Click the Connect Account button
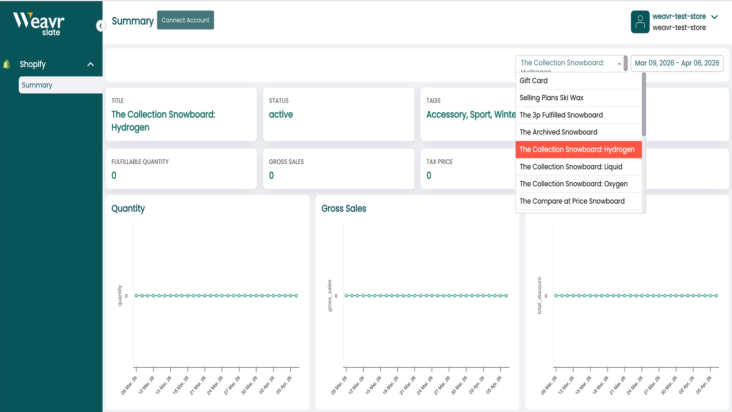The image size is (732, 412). click(185, 20)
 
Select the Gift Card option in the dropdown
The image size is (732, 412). click(533, 81)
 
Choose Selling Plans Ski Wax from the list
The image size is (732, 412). click(551, 98)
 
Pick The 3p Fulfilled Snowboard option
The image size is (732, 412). click(561, 115)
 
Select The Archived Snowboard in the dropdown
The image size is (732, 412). click(558, 132)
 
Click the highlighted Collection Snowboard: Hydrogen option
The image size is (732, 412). click(577, 150)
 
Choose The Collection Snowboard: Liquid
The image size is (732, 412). click(571, 167)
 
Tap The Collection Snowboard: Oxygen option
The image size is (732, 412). click(573, 184)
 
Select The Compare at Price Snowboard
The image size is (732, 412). click(572, 201)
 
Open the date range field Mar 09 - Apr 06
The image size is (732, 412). click(677, 63)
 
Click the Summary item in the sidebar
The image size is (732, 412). click(37, 85)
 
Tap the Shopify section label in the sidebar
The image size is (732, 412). click(32, 64)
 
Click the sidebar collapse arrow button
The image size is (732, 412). click(101, 26)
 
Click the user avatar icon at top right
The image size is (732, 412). click(640, 22)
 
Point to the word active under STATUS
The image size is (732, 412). click(281, 114)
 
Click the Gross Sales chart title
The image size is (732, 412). click(344, 209)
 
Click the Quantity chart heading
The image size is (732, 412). click(128, 209)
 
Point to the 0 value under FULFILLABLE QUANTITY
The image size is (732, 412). click(114, 175)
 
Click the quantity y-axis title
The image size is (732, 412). click(120, 295)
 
